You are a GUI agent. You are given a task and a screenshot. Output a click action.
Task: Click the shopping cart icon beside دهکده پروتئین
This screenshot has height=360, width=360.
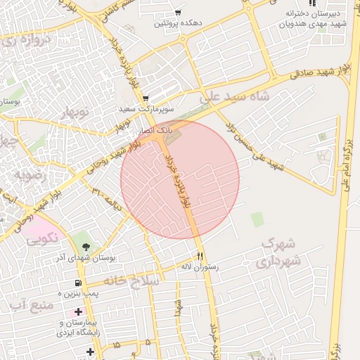click(x=179, y=12)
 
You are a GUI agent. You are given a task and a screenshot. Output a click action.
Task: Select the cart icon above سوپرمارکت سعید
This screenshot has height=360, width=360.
click(x=145, y=98)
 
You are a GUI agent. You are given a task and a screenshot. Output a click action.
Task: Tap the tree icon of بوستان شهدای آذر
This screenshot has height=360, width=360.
click(x=85, y=247)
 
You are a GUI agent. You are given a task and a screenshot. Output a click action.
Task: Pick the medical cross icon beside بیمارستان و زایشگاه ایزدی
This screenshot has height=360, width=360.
click(x=78, y=311)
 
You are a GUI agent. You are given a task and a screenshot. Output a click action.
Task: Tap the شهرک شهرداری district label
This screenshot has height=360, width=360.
click(x=281, y=252)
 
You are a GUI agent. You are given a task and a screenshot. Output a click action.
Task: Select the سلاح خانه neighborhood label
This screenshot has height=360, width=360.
click(x=132, y=280)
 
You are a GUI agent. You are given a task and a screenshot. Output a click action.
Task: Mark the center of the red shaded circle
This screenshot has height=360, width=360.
click(x=180, y=179)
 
